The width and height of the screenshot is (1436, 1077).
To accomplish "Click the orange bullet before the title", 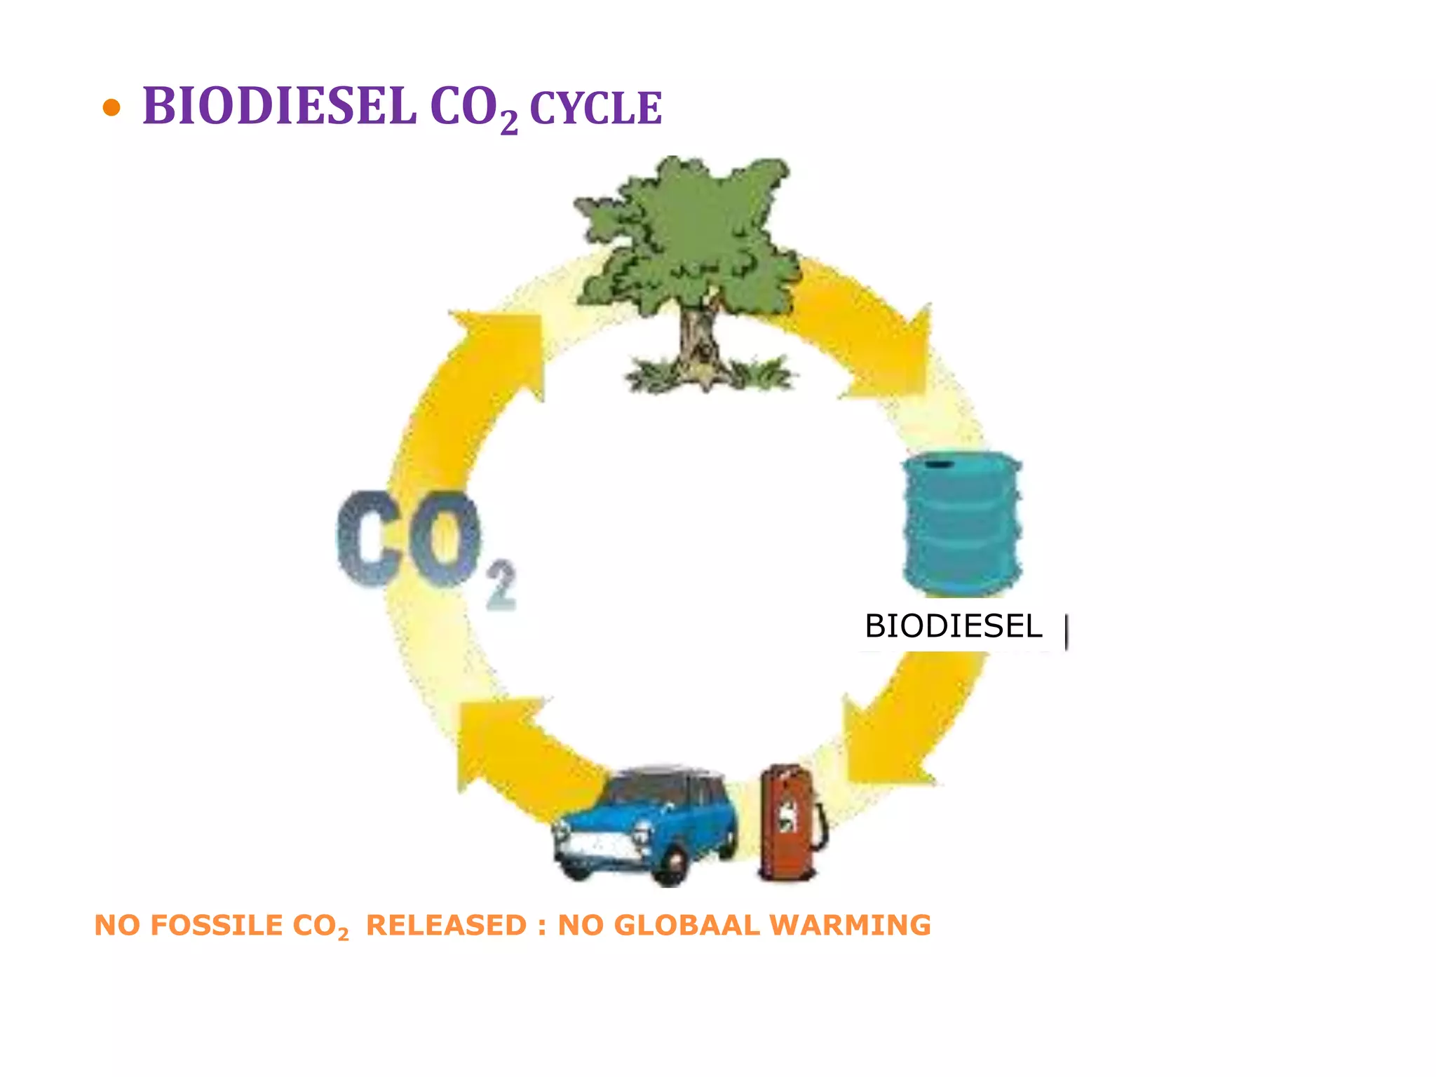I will coord(111,108).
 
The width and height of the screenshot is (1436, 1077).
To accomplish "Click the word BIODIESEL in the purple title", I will coord(279,107).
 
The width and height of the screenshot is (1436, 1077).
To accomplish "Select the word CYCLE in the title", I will coord(595,109).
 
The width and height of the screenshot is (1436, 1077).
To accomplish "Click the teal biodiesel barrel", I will coord(962,522).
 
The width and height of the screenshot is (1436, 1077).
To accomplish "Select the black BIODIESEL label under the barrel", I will coord(953,626).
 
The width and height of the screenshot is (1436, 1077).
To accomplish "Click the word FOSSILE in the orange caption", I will coord(217,925).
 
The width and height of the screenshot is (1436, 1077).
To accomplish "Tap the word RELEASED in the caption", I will coord(446,925).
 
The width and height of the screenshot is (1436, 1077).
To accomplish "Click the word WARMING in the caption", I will coord(851,925).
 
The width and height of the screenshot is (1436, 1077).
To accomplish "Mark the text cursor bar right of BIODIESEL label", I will coord(1066,631).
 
